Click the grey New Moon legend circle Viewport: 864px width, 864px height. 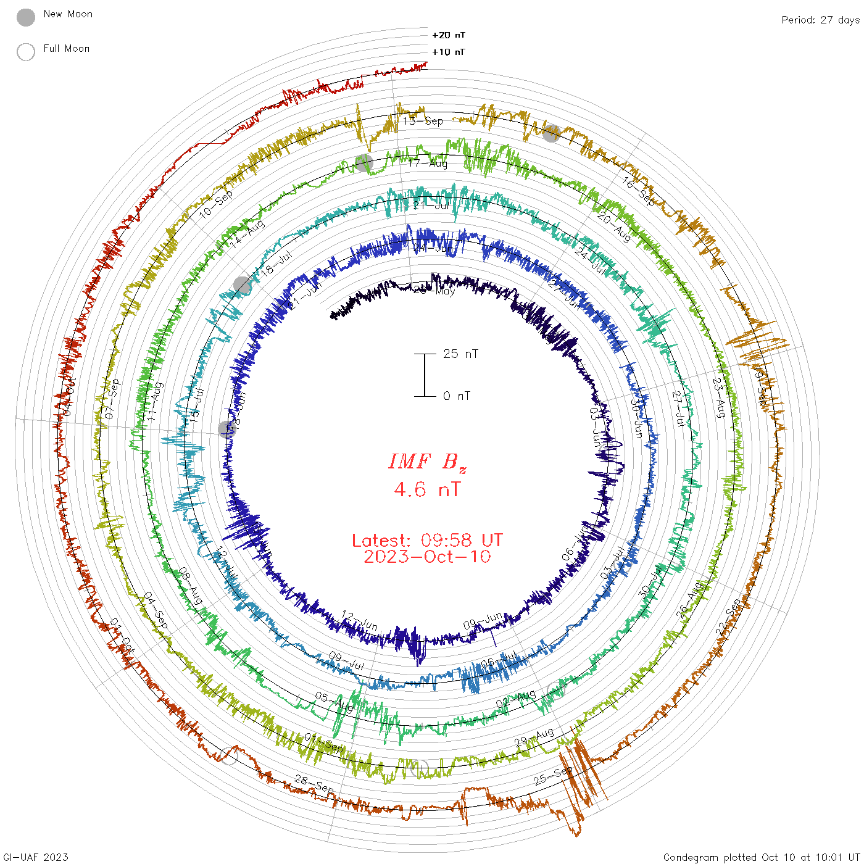click(x=26, y=17)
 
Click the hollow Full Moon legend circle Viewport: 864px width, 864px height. click(x=26, y=52)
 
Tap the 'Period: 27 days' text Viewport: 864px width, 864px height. click(x=820, y=20)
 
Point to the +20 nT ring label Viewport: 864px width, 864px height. click(x=449, y=35)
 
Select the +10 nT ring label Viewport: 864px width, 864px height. click(x=449, y=52)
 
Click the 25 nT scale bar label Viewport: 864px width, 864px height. click(x=460, y=354)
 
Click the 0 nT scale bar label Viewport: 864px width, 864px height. click(x=457, y=396)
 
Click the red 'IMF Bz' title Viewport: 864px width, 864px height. click(x=427, y=462)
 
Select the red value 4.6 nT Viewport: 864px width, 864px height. click(x=427, y=490)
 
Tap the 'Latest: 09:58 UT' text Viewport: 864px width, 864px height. click(x=427, y=541)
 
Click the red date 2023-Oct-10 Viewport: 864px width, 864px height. click(x=427, y=557)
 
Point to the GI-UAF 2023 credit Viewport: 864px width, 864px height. click(x=36, y=857)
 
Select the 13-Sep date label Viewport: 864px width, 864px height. click(x=423, y=121)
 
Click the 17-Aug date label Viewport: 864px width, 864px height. click(x=428, y=163)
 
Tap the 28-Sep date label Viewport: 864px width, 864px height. click(x=314, y=785)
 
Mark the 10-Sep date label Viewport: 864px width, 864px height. click(x=216, y=204)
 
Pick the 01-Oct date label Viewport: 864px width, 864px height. click(x=122, y=634)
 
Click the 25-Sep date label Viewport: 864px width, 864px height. click(x=553, y=776)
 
